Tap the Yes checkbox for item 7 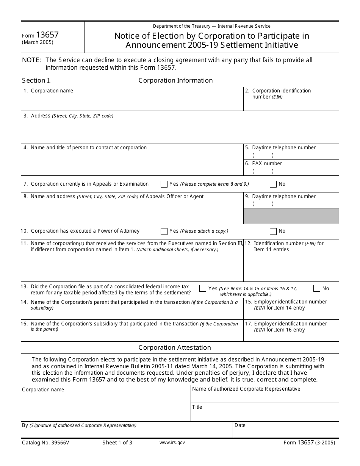pos(164,184)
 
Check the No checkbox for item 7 pos(273,184)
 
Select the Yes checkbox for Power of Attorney pos(164,231)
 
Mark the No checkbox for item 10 pos(273,231)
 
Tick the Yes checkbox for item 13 pos(203,289)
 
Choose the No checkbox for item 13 pos(317,289)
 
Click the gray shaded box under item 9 pos(291,216)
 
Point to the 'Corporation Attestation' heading pos(175,347)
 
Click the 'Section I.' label pos(36,80)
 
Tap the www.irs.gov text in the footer pos(172,443)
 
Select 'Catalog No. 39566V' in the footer pos(45,443)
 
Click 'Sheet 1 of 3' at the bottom pos(117,443)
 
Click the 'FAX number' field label pos(267,164)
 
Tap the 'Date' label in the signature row pos(240,425)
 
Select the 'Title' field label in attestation pos(197,407)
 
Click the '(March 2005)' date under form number pos(38,42)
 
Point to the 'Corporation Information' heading pos(175,80)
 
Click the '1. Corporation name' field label pos(48,91)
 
